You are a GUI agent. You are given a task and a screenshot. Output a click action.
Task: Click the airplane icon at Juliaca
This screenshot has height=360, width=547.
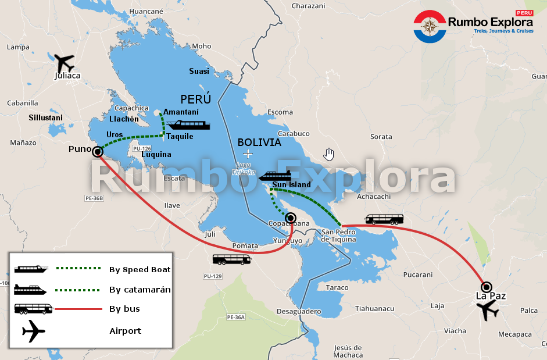63,62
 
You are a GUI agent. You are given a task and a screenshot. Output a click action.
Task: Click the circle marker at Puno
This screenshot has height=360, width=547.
98,152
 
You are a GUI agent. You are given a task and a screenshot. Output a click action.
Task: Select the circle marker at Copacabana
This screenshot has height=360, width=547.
291,218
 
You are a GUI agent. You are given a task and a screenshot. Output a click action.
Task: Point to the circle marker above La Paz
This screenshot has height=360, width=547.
487,286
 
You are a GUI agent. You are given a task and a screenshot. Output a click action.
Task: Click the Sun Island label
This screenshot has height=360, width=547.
291,185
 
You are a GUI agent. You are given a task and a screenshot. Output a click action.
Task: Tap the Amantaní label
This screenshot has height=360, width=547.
181,112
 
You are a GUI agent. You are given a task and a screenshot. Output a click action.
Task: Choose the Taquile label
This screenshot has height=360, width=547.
180,137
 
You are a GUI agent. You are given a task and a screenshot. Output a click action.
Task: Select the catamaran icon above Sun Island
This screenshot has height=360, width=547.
274,176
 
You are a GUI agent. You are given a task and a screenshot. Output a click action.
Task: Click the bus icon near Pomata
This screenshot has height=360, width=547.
231,259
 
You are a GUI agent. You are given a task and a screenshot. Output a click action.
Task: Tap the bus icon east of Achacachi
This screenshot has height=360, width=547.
384,219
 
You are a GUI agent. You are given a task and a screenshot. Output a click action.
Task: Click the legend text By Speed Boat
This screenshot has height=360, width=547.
140,269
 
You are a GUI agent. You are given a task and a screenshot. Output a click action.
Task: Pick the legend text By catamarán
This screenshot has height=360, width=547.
140,289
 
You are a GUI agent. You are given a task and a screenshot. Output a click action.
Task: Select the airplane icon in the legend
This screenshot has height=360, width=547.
34,332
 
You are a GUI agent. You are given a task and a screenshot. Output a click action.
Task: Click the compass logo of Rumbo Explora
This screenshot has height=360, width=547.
430,26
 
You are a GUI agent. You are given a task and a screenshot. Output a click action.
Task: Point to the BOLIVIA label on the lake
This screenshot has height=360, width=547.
259,142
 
